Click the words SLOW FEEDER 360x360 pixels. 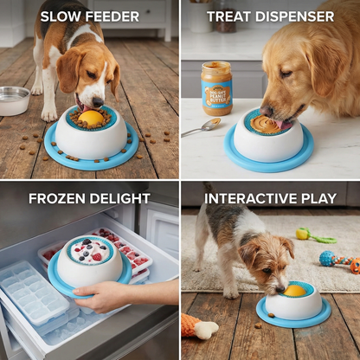(x=89, y=16)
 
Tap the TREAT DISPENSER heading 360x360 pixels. (x=270, y=16)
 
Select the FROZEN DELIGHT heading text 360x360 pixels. (x=89, y=198)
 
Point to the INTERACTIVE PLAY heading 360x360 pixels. (x=270, y=198)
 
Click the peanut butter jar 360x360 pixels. (x=216, y=88)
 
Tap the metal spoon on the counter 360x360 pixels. (x=201, y=126)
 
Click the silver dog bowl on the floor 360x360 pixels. (x=13, y=100)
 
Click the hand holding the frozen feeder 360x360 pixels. (x=102, y=296)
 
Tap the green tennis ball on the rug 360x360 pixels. (x=303, y=233)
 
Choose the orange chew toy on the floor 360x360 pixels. (x=198, y=327)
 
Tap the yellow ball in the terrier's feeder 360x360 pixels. (x=294, y=291)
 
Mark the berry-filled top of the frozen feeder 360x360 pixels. (x=90, y=250)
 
